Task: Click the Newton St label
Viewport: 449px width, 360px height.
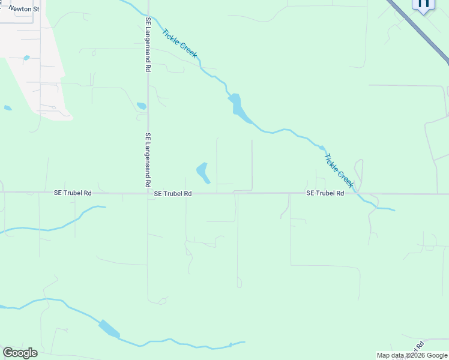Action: point(23,10)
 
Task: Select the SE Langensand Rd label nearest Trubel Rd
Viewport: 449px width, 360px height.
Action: point(148,159)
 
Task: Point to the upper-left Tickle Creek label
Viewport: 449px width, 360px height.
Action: point(179,44)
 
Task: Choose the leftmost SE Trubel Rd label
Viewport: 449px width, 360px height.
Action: point(73,193)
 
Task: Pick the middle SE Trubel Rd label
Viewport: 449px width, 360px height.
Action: point(172,194)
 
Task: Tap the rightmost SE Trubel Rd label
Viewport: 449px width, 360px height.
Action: point(325,193)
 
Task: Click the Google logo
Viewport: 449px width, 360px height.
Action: point(20,353)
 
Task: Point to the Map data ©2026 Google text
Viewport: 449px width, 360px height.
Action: point(412,355)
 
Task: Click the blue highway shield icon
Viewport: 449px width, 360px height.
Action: point(423,5)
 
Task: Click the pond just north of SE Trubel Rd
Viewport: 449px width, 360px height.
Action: point(203,172)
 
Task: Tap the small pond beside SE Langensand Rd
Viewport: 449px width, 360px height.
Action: point(142,106)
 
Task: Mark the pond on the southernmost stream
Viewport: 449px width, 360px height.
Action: point(109,329)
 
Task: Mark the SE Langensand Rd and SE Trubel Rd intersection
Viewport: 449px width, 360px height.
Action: point(148,193)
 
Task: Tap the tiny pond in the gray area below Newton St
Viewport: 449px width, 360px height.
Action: point(26,58)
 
